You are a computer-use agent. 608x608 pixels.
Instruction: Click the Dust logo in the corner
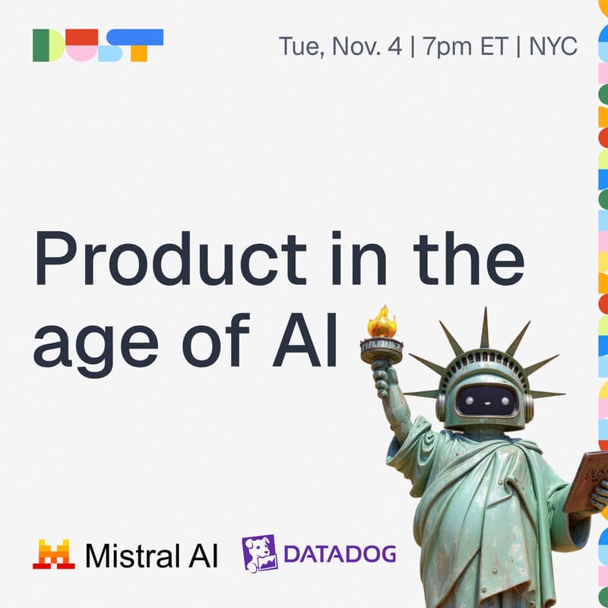coord(98,46)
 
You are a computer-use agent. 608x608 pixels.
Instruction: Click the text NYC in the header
coord(553,46)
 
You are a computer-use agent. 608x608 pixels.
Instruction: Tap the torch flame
coord(382,323)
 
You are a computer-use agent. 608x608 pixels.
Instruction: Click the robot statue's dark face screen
coord(486,398)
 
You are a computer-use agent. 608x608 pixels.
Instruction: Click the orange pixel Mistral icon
coord(53,555)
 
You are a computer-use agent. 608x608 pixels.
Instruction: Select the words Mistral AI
coord(151,555)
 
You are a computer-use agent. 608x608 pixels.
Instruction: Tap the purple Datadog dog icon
coord(258,553)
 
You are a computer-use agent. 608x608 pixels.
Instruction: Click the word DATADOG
coord(340,554)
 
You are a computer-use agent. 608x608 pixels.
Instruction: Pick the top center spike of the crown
coord(484,328)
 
